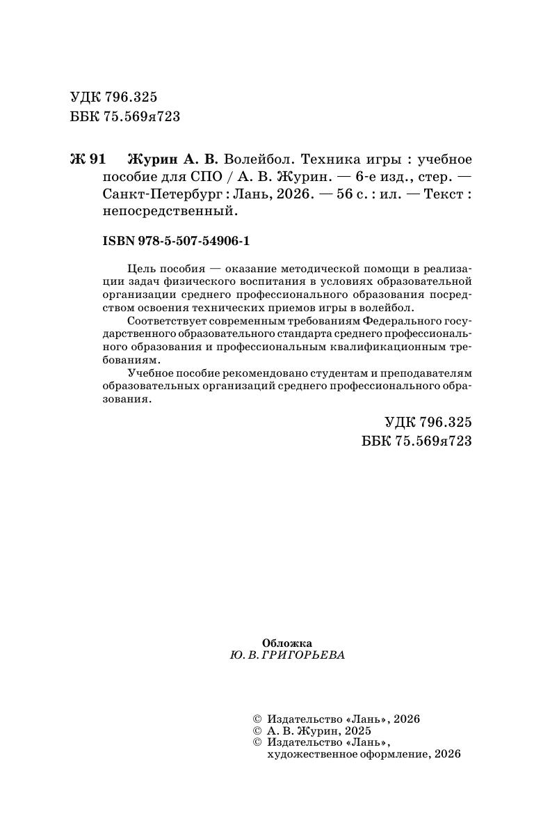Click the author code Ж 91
coord(88,159)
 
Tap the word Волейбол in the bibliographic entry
coord(254,159)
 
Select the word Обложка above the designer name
coord(287,643)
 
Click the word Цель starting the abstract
coord(143,269)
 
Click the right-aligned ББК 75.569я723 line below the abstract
coord(417,441)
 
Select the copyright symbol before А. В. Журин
coord(256,731)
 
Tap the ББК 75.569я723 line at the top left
coord(125,116)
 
